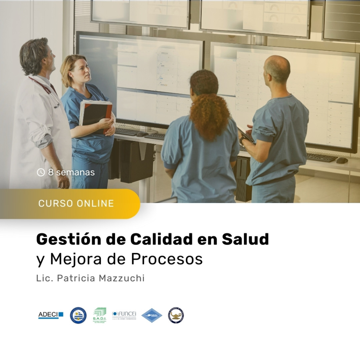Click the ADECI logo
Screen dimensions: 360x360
51,315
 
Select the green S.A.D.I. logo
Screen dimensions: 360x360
100,315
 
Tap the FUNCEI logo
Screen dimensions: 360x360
124,315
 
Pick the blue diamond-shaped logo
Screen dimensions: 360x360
152,315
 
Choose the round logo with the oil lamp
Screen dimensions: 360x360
176,315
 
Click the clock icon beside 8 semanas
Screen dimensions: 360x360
41,172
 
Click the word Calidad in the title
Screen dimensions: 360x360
161,239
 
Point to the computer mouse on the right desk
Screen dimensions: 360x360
342,160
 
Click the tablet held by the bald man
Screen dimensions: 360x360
246,135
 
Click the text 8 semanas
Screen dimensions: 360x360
71,172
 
